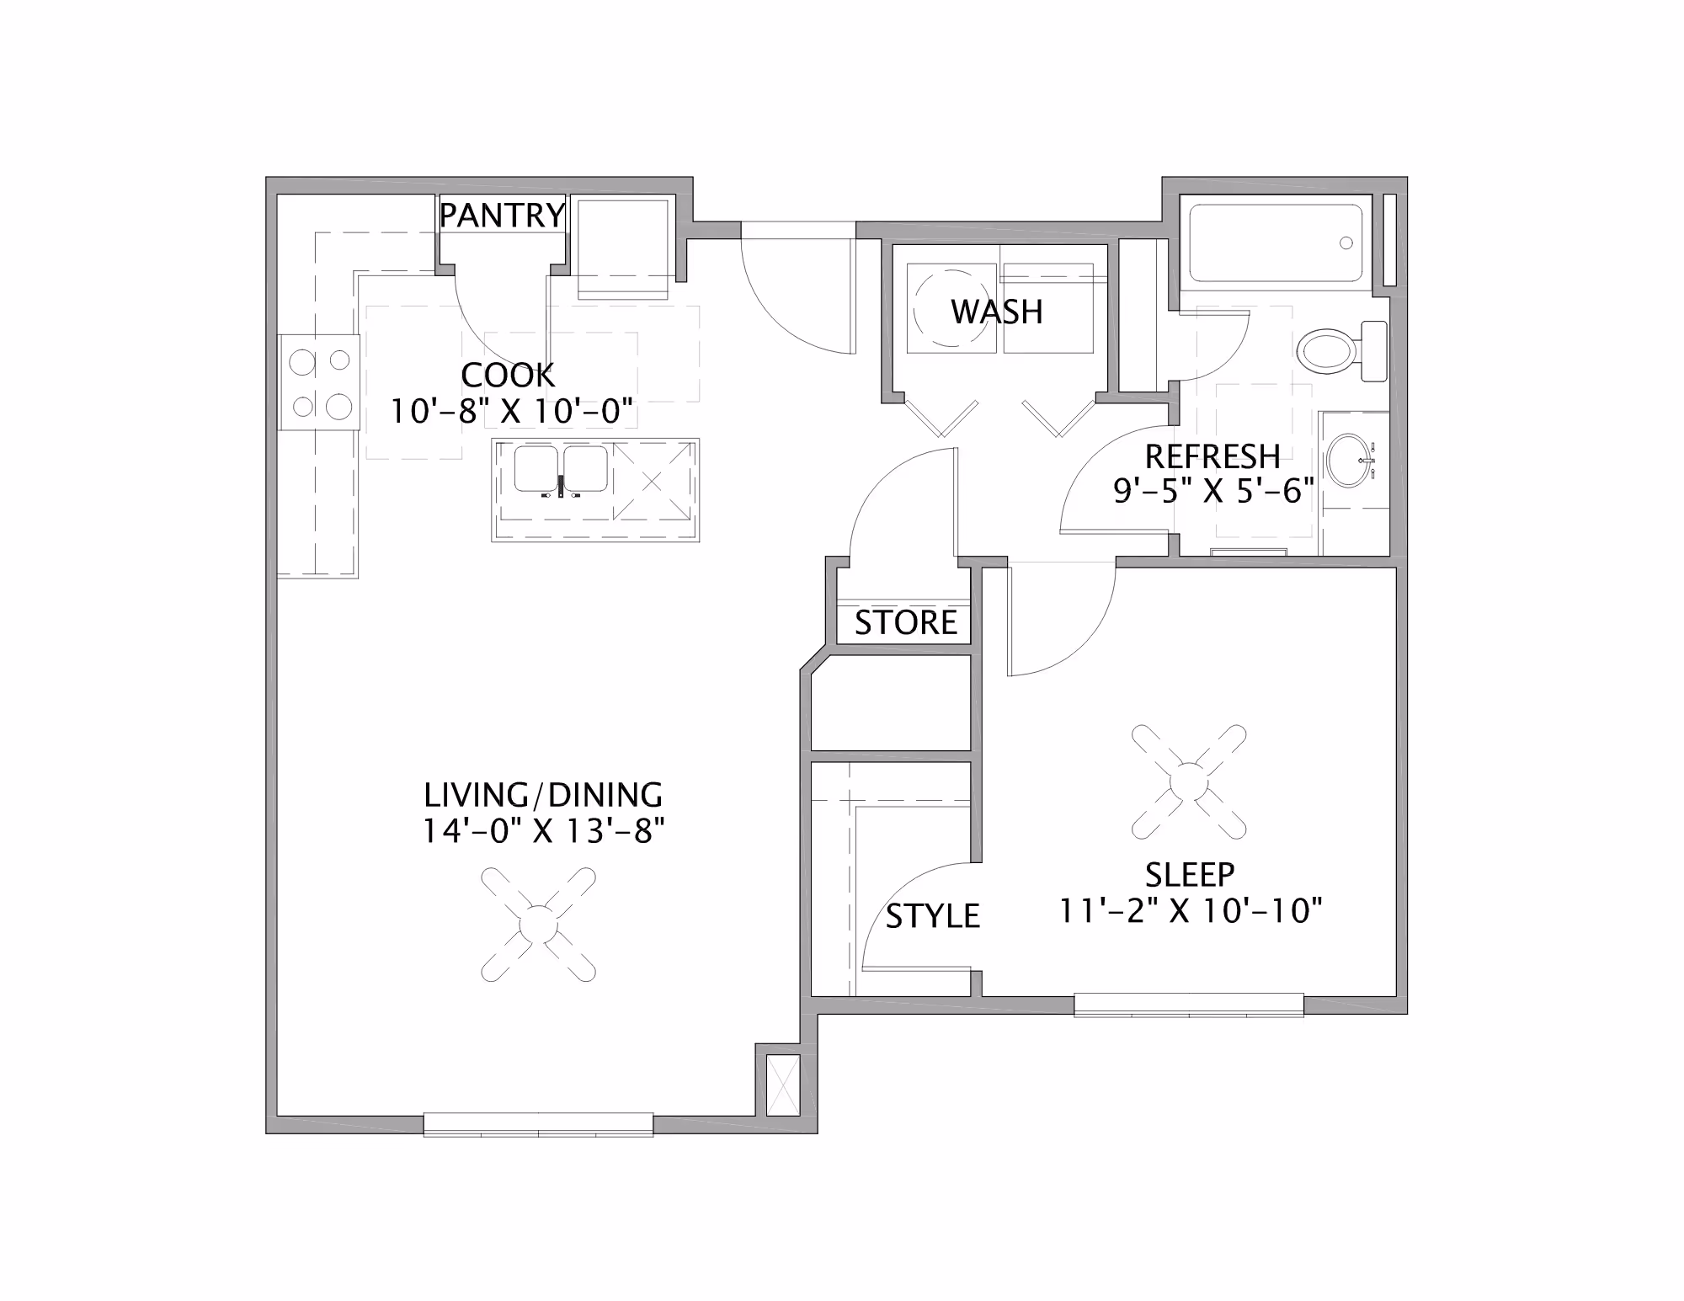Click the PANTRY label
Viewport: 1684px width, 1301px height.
[x=502, y=216]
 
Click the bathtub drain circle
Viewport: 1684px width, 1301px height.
[x=1346, y=243]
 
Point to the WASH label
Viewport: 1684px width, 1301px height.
[x=997, y=312]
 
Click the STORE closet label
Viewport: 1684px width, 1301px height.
[x=906, y=623]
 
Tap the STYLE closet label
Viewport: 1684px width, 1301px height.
[x=932, y=916]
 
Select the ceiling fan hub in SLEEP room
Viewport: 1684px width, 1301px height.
[x=1189, y=782]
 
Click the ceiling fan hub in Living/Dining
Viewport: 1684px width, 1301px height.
[x=538, y=925]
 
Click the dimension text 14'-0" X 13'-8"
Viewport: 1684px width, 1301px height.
[x=543, y=832]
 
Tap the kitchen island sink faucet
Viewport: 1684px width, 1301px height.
[x=561, y=487]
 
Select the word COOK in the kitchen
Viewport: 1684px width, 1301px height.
[x=508, y=376]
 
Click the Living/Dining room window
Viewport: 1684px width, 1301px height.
[x=538, y=1124]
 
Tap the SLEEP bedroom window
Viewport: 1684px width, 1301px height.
[x=1189, y=1005]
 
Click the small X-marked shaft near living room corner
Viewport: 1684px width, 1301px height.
[x=784, y=1085]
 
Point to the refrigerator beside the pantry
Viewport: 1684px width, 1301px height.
[x=623, y=248]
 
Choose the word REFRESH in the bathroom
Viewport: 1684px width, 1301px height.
[x=1212, y=456]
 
